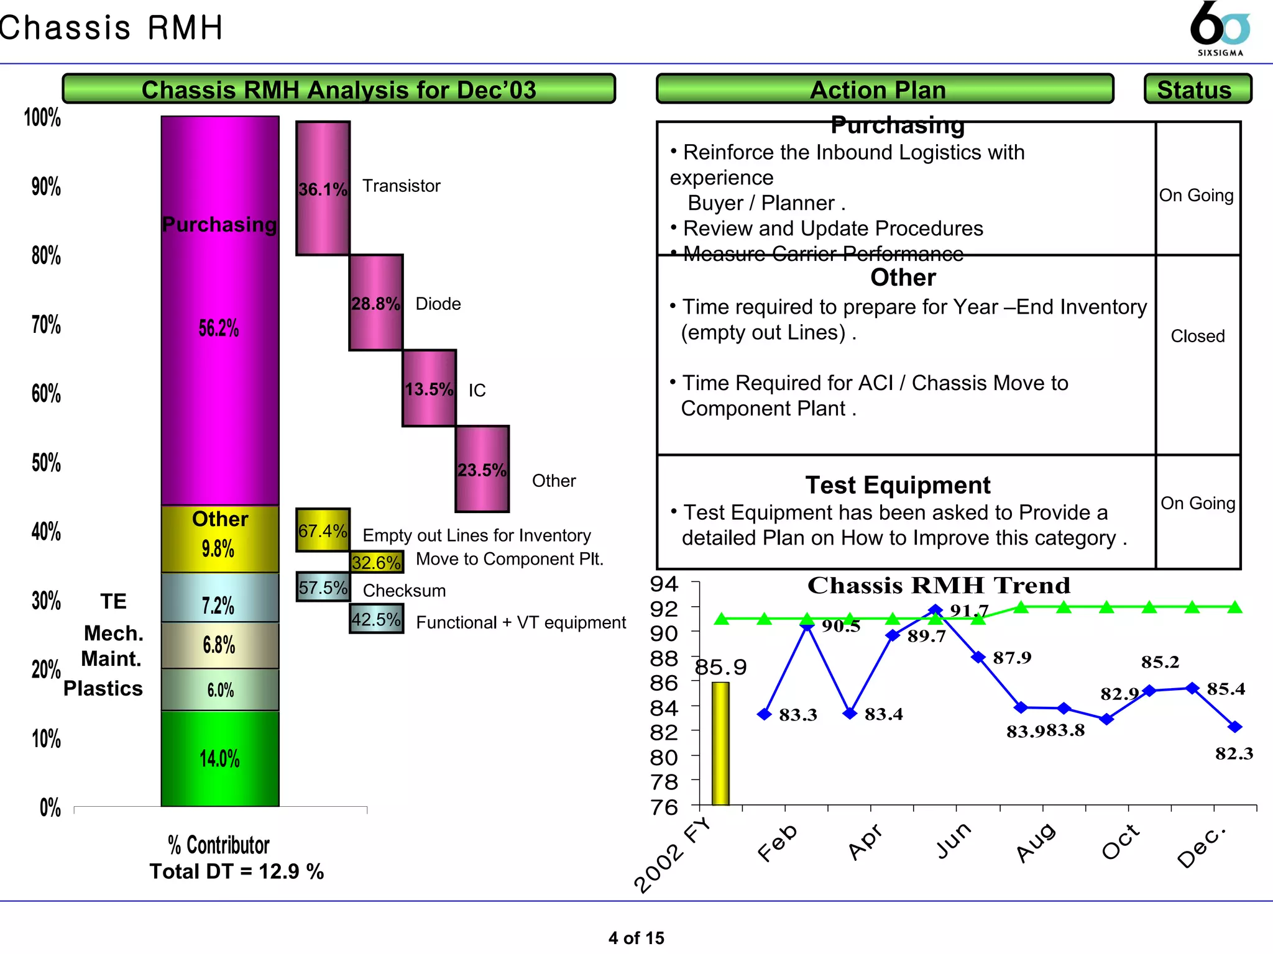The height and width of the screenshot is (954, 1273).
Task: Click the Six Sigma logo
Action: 1220,29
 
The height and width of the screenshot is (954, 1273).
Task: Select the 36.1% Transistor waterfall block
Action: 323,188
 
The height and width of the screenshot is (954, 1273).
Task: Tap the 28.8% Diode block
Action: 375,302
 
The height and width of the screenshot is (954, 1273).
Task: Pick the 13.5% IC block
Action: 429,388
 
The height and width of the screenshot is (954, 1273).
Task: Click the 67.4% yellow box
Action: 323,530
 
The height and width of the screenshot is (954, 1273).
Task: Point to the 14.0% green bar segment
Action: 219,758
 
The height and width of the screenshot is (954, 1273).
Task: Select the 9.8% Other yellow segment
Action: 219,538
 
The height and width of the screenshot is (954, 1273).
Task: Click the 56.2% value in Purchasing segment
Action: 219,328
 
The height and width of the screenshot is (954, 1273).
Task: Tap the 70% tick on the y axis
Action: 46,324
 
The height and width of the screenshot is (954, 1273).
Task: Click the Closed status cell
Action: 1197,336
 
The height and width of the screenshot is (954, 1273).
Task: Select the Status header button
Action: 1197,89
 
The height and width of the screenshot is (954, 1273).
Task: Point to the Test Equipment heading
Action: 898,484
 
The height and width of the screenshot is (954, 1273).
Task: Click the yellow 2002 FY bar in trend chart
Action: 720,743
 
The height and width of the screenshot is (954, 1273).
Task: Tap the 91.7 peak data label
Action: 968,611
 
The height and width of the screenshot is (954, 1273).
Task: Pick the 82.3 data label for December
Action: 1234,753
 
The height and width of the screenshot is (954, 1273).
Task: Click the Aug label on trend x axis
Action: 1036,843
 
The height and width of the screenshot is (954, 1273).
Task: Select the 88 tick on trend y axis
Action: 663,658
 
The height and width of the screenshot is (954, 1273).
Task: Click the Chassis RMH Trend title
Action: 938,585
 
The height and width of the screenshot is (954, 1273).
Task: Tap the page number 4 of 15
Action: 636,937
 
